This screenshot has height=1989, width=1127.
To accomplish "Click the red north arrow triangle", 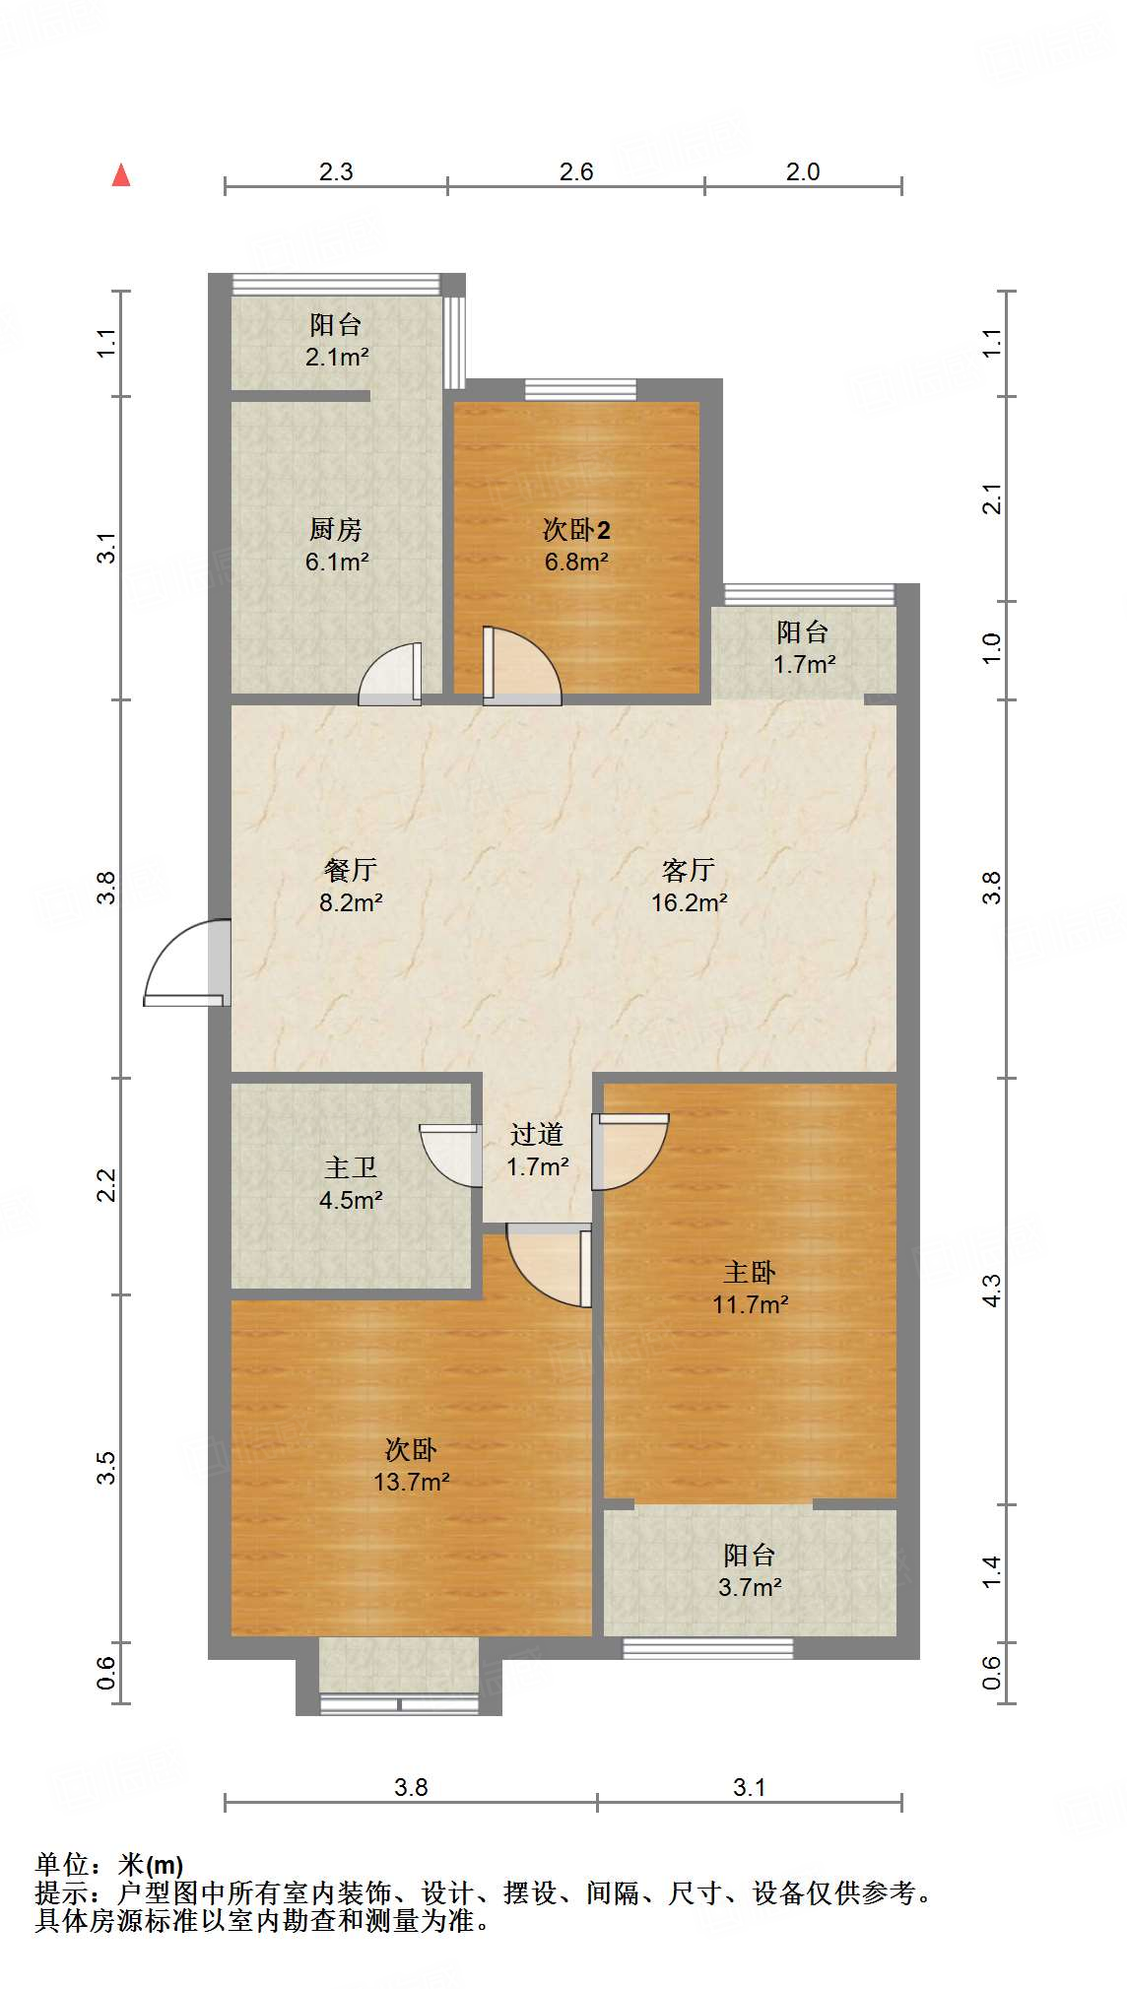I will point(121,175).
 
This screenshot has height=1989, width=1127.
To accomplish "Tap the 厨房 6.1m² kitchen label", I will point(336,545).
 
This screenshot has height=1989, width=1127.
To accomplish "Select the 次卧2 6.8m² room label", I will point(576,545).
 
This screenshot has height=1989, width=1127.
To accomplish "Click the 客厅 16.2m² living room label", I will point(689,885).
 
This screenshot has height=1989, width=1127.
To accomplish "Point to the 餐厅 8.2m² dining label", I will point(351,885).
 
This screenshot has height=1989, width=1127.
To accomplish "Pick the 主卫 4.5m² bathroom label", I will point(351,1183).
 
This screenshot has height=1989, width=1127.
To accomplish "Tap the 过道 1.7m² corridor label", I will point(537,1150).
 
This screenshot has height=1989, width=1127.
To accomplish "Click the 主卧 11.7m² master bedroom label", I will point(750,1288).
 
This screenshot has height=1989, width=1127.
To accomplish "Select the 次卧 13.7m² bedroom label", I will point(411,1465).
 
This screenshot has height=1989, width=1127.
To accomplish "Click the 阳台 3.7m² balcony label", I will point(750,1570).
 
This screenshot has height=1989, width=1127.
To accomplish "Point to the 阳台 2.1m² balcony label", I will point(336,340).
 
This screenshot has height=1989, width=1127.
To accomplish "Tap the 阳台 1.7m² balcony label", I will point(803,647).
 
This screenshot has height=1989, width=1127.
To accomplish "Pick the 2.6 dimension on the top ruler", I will point(576,171).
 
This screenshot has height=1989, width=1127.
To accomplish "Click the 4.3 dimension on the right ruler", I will point(992,1290).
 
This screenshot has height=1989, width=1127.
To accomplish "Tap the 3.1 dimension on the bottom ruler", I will point(749,1787).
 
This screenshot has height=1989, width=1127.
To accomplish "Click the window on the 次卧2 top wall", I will point(579,389).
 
